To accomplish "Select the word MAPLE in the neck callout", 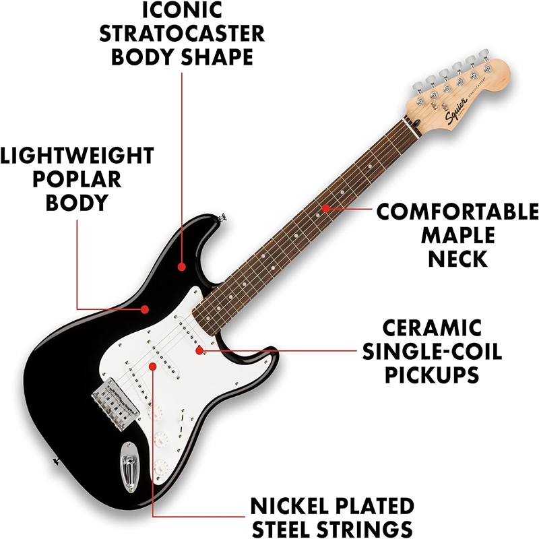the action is (457, 235).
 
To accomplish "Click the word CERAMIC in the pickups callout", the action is (433, 329).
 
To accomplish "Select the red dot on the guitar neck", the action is (326, 208).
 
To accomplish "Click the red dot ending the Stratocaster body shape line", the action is (181, 267).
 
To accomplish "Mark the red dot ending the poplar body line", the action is (144, 309).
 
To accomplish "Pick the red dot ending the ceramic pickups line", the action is (199, 350).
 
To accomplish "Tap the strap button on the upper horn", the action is (222, 217).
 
